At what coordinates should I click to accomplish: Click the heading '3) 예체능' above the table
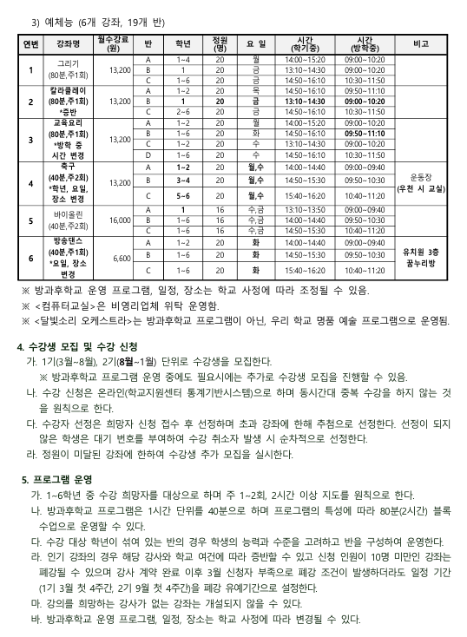52,22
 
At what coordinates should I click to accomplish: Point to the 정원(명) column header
220,43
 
